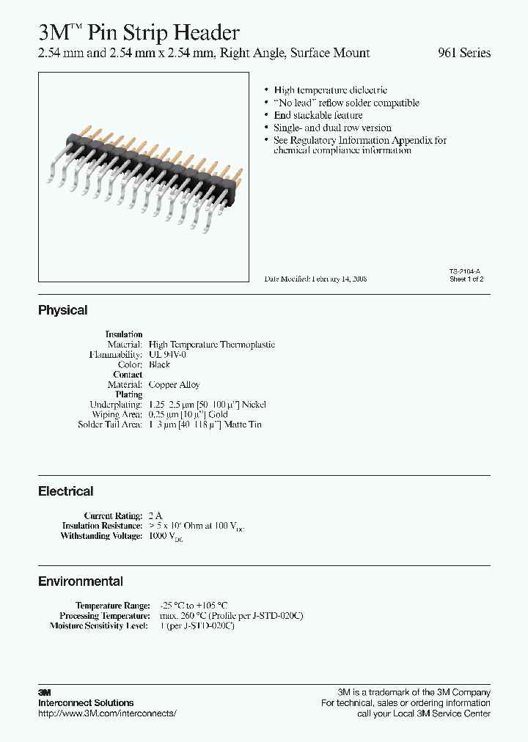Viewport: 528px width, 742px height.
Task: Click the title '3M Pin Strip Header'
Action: (139, 32)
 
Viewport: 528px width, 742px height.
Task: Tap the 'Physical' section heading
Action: (62, 310)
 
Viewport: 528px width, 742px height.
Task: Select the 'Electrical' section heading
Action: (65, 491)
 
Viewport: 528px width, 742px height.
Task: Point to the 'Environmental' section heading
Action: (81, 581)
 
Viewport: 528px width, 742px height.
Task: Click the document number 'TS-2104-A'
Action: (466, 271)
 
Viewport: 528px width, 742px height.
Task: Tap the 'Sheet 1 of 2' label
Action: (466, 279)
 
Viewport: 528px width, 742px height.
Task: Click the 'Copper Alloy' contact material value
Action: (174, 384)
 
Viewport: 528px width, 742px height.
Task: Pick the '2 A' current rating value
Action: (155, 516)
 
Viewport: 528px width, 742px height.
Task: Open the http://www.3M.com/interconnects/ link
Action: (107, 713)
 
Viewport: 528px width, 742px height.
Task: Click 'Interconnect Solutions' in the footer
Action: (86, 703)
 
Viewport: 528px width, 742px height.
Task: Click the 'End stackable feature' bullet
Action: (318, 115)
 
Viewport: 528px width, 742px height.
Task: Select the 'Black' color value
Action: (159, 364)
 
